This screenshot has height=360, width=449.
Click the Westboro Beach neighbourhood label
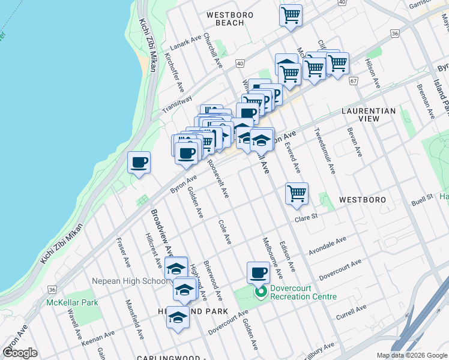[x=229, y=19]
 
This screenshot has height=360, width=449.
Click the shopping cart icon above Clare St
[x=297, y=194]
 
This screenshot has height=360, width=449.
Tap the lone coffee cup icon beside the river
[x=139, y=162]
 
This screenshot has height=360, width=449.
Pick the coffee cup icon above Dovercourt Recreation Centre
[x=258, y=272]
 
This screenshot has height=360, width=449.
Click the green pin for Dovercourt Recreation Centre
[x=261, y=293]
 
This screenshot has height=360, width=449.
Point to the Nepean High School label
[x=130, y=281]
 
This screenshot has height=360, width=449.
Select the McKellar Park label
[x=72, y=302]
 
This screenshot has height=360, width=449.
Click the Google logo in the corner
[x=20, y=353]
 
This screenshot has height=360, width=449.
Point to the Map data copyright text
[x=411, y=355]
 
